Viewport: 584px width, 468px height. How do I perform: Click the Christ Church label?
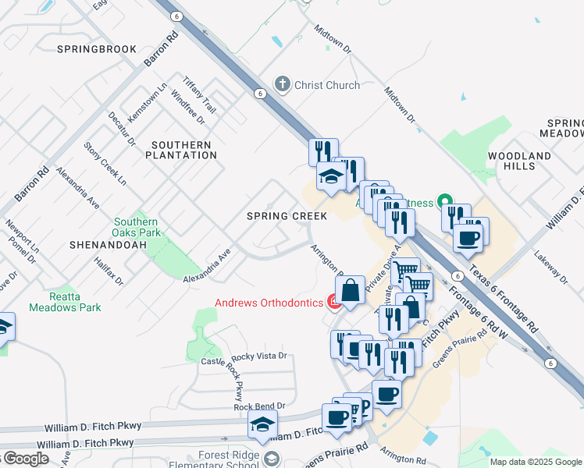click(326, 85)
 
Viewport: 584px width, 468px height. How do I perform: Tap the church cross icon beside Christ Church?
click(282, 84)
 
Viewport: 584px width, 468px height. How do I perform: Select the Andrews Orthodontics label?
click(270, 303)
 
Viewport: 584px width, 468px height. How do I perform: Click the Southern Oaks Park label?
click(137, 227)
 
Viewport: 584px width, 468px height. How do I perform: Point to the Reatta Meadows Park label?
click(65, 302)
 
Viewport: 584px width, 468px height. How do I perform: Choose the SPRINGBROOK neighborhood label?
click(97, 48)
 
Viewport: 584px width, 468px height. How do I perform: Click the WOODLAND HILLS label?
click(520, 161)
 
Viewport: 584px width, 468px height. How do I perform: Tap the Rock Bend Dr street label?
click(259, 407)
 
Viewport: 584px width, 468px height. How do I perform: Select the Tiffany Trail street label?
click(198, 94)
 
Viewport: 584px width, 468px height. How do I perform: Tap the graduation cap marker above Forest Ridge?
click(262, 426)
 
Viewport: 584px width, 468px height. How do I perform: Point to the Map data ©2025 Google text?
click(536, 462)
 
